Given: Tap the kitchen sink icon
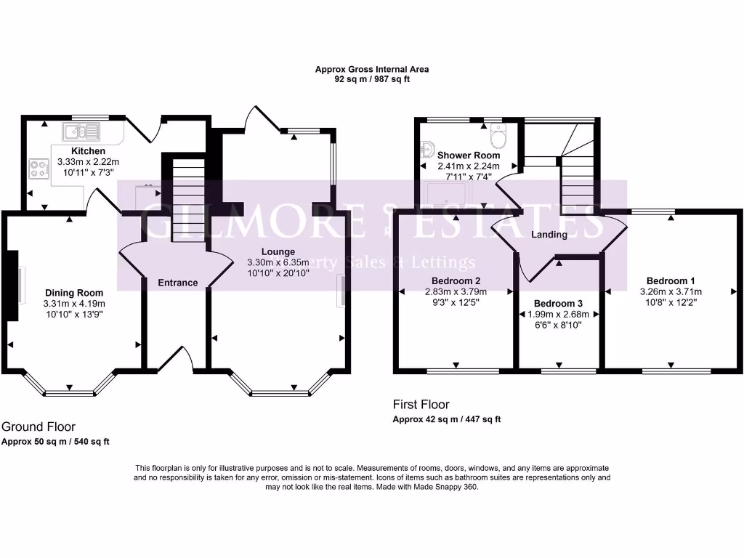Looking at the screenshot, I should [81, 132].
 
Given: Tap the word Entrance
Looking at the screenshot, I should [177, 283].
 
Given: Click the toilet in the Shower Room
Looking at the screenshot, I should [498, 136].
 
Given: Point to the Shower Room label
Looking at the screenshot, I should [469, 155].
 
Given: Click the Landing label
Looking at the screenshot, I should [549, 235].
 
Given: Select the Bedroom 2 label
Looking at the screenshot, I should [456, 280].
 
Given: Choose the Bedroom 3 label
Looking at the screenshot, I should [558, 303].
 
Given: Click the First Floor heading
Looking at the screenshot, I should [421, 404].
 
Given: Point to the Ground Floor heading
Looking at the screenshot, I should [39, 426].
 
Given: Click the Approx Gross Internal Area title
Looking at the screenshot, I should [371, 70].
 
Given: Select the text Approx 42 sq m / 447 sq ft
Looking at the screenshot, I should [447, 419].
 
